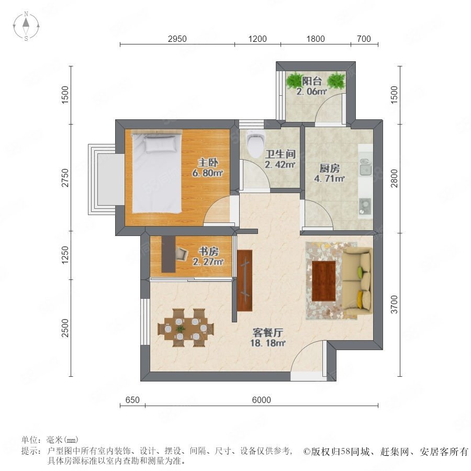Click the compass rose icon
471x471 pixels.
point(26,26)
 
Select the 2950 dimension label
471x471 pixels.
point(177,39)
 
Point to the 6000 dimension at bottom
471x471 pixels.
point(261,400)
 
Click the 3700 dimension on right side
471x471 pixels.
point(395,304)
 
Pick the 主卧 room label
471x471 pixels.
point(208,163)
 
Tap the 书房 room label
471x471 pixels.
point(208,251)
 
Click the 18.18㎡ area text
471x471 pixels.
point(268,343)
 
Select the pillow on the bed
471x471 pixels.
point(161,143)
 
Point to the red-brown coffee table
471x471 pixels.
point(324,281)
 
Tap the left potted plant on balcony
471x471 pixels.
point(295,80)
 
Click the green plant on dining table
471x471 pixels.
point(180,328)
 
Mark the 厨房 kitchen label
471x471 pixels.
point(330,168)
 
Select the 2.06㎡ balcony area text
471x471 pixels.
point(311,91)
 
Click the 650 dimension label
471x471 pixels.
point(132,400)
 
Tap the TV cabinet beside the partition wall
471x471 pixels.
point(244,281)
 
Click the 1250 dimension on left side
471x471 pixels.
point(65,255)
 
